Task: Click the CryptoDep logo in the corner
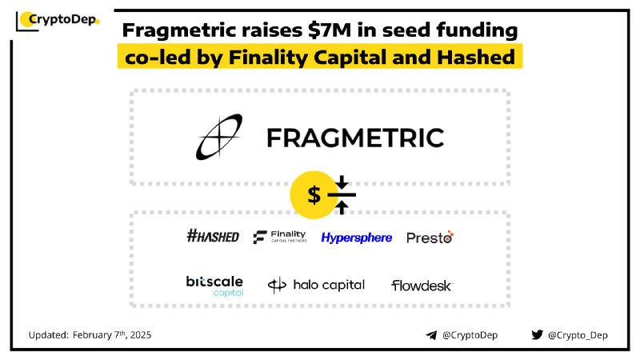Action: [x=58, y=21]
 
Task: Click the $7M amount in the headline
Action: [x=330, y=30]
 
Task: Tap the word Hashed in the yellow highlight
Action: [x=476, y=57]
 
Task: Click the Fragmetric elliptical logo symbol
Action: [x=219, y=137]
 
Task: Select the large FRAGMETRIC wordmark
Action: [x=355, y=138]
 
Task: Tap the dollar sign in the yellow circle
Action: [x=314, y=194]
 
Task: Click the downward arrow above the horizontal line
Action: [x=342, y=182]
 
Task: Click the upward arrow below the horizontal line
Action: [x=342, y=207]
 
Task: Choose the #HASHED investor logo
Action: [x=213, y=236]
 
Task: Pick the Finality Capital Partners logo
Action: [x=279, y=236]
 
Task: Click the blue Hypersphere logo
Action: [x=356, y=238]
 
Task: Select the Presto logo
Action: [x=430, y=237]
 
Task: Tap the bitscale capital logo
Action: [x=214, y=286]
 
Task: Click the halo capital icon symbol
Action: [x=277, y=285]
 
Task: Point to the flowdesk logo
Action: [x=422, y=286]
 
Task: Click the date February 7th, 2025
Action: [x=112, y=335]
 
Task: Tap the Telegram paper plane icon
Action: [x=431, y=335]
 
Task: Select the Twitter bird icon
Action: [x=537, y=334]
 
